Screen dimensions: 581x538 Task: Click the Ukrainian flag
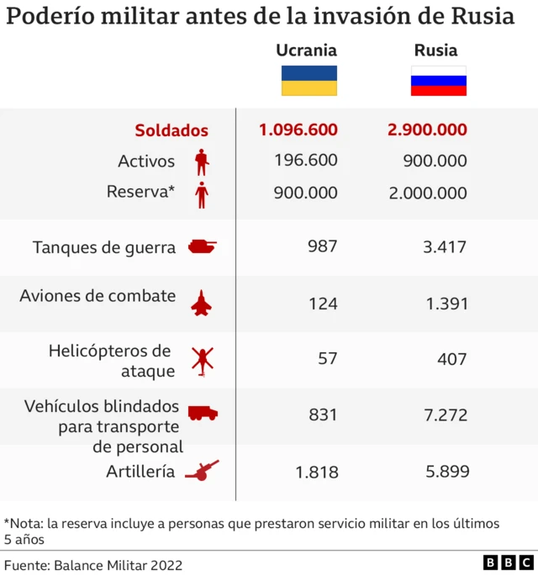click(309, 81)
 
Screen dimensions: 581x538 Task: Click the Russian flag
click(438, 81)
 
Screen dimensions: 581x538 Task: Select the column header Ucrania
click(306, 50)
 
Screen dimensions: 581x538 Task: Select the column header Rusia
click(435, 50)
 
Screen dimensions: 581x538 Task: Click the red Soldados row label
click(171, 130)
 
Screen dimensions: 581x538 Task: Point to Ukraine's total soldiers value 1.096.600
click(298, 129)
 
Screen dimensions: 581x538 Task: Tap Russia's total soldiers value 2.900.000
click(427, 129)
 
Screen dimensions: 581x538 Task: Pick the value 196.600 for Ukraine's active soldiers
click(305, 161)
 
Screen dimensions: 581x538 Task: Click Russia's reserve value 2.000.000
click(427, 193)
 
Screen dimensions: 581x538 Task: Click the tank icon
click(202, 246)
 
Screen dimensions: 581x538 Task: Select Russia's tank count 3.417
click(446, 246)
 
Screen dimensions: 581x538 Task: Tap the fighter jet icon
click(202, 303)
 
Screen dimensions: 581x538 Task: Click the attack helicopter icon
click(203, 360)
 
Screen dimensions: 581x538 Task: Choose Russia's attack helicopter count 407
click(451, 359)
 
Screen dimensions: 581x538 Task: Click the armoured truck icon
click(203, 413)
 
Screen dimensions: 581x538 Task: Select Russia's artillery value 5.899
click(446, 472)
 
